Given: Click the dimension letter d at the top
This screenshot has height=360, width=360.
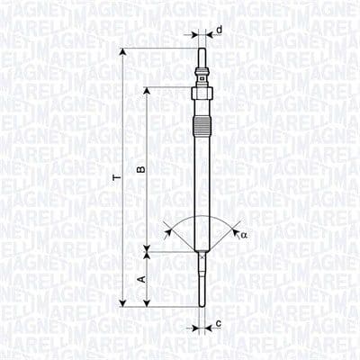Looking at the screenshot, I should [x=220, y=30].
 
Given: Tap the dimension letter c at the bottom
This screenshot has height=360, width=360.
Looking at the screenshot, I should [x=220, y=321].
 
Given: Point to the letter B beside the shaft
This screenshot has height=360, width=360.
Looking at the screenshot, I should [x=137, y=169].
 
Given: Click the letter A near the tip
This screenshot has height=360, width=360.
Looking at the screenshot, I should [x=139, y=280].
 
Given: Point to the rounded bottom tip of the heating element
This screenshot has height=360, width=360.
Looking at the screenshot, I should [x=202, y=304].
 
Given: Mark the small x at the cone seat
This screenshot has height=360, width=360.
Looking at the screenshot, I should [x=202, y=253].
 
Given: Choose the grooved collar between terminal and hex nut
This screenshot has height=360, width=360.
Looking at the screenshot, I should [x=202, y=76].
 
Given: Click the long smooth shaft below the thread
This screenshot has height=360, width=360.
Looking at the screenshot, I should [x=202, y=189].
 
